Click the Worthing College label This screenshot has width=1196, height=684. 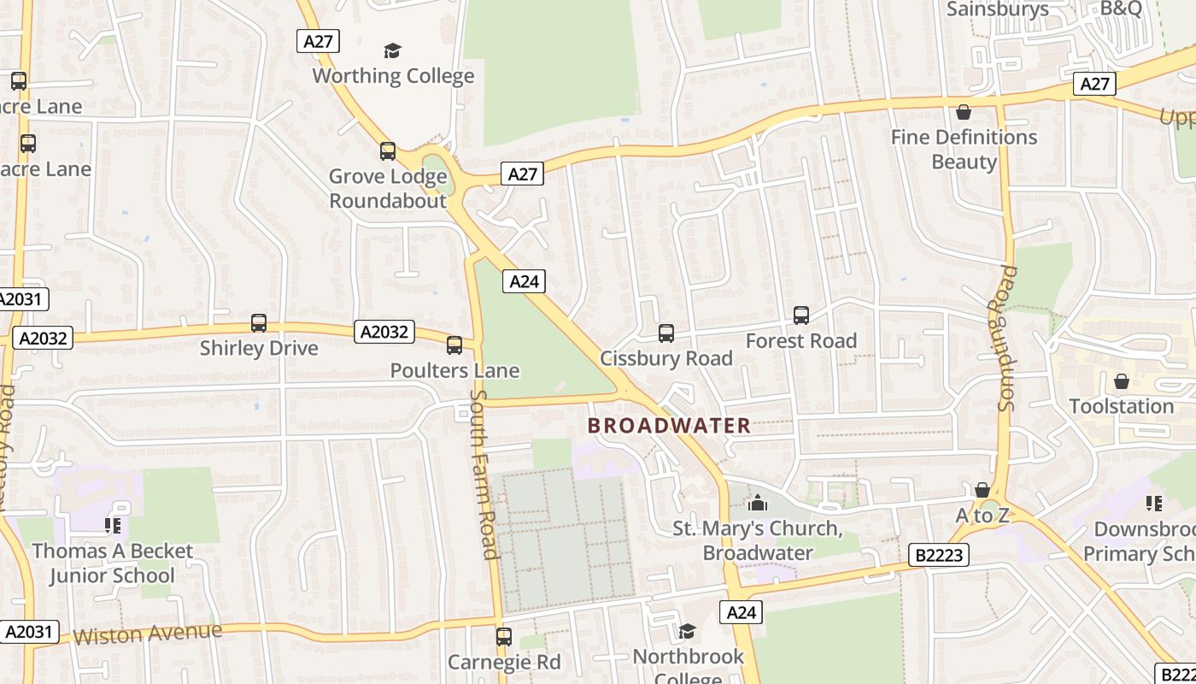click(393, 76)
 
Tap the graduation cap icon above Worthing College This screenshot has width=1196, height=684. click(392, 51)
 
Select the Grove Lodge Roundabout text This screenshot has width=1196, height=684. click(388, 189)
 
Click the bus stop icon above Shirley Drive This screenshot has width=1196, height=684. click(259, 323)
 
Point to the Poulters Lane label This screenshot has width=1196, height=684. click(454, 370)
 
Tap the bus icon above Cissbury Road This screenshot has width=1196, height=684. click(666, 333)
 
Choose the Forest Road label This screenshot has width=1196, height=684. click(800, 341)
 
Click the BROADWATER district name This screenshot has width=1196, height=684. click(670, 425)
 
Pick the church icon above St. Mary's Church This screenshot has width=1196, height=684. click(757, 503)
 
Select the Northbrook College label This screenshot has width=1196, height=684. click(688, 667)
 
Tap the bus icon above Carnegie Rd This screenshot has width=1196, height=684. click(504, 637)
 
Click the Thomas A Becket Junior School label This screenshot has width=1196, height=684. click(113, 563)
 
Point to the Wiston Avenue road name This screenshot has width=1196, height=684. click(147, 634)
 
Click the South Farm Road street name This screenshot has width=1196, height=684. click(484, 475)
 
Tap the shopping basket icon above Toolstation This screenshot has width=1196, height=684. click(1122, 381)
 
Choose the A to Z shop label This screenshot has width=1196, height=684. click(982, 516)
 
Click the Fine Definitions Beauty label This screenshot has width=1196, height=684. click(964, 149)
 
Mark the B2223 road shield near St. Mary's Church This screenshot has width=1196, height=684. click(938, 555)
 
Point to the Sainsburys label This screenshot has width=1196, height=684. click(998, 9)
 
